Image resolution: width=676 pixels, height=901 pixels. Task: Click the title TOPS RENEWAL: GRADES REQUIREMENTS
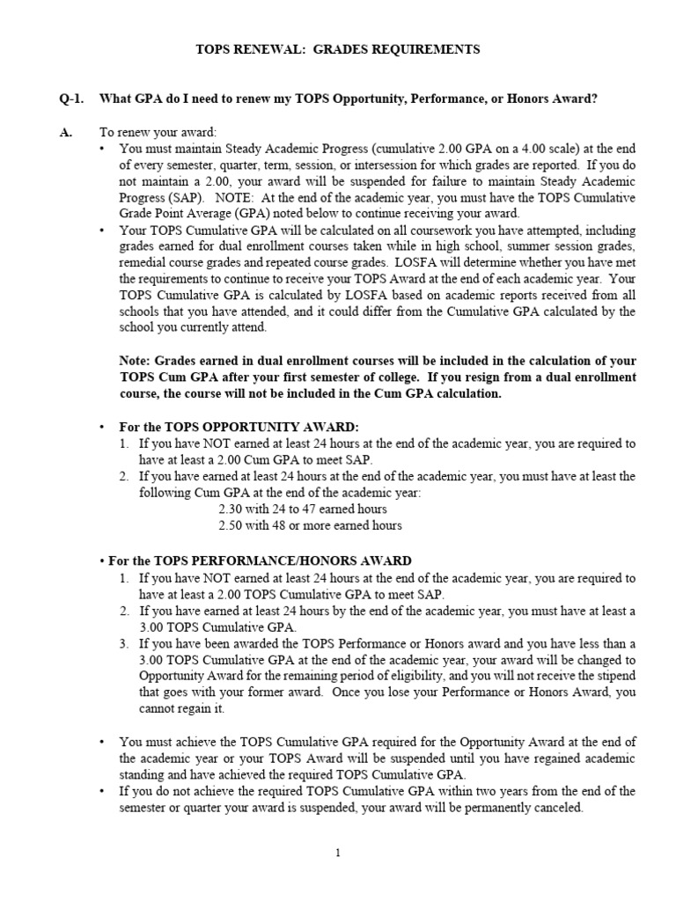pyautogui.click(x=337, y=50)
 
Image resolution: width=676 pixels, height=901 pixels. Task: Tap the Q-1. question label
pyautogui.click(x=70, y=99)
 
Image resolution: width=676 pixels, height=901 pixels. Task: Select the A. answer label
pyautogui.click(x=65, y=132)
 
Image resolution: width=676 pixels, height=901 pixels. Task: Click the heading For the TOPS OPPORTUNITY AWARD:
pyautogui.click(x=239, y=427)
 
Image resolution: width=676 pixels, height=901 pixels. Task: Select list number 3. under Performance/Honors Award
pyautogui.click(x=125, y=643)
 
